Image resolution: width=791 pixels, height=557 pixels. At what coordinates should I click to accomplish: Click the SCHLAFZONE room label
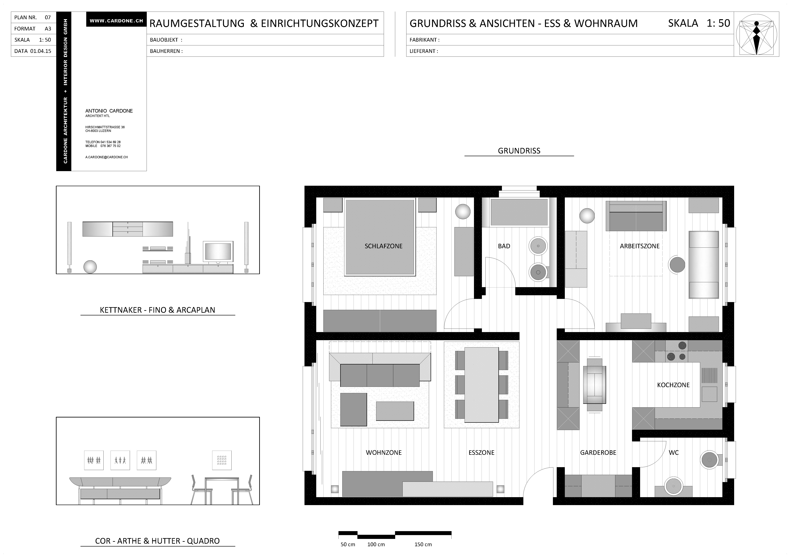[383, 246]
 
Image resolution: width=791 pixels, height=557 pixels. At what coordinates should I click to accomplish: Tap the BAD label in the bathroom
[504, 246]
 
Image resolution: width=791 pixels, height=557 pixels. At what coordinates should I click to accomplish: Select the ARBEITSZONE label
[640, 246]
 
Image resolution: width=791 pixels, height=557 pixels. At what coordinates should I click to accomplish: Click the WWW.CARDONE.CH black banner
[116, 21]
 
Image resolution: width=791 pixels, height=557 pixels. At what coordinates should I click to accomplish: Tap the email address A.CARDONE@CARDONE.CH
[106, 157]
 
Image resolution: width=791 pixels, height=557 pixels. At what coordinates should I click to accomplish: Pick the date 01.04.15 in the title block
[41, 51]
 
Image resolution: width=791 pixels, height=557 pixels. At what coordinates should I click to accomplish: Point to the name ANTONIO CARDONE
[109, 111]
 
